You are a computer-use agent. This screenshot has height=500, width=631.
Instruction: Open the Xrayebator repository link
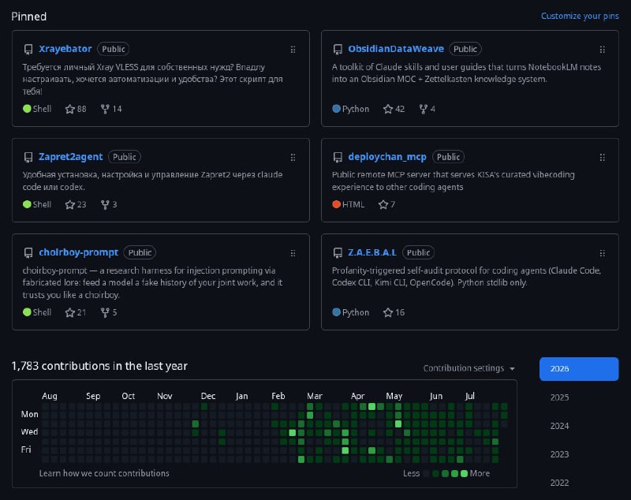coord(65,49)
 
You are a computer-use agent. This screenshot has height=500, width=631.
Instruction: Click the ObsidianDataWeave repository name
coord(396,49)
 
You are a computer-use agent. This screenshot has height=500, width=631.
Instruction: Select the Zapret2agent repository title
coord(71,157)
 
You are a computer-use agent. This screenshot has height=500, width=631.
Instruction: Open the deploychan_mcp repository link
coord(387,157)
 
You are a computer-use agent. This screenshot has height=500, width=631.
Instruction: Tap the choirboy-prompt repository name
coord(78,252)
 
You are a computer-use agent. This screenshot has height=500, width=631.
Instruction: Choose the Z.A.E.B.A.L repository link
coord(372,252)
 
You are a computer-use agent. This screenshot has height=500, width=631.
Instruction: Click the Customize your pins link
coord(580,16)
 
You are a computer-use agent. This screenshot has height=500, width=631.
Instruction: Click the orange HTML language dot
coord(337,204)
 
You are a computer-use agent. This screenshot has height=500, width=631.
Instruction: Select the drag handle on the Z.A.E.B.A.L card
coord(602,253)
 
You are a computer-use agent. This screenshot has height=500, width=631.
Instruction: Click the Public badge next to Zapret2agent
coord(125,157)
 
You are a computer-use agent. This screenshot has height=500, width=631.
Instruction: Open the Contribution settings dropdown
coord(469,368)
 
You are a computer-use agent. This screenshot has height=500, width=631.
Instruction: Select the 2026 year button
coord(579,369)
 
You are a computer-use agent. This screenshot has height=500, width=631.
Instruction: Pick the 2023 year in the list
coord(559,454)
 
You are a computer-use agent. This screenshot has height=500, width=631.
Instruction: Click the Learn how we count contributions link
coord(104,473)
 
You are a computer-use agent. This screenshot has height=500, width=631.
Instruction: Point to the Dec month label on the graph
coord(208,396)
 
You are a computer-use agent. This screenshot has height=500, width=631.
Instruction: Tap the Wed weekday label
coord(29,431)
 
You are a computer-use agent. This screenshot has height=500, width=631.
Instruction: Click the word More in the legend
coord(480,473)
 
